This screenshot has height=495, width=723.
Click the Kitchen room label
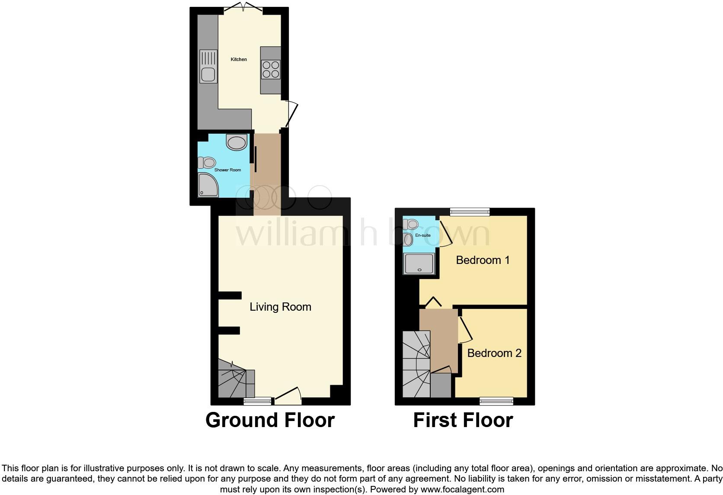[x=239, y=59]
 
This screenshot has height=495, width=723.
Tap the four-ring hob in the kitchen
[x=271, y=70]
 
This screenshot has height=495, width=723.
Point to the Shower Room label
[x=227, y=170]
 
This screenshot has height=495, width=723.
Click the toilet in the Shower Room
[x=207, y=163]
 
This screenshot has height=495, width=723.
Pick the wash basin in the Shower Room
[x=237, y=142]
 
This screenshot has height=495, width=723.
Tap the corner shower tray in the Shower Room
[x=208, y=185]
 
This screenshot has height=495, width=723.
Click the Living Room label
[x=280, y=307]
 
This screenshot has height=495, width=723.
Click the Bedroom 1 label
[x=483, y=260]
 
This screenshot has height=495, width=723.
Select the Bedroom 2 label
[x=494, y=353]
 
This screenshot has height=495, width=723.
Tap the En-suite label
[x=422, y=235]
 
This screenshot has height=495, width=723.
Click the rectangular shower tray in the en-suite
[x=419, y=264]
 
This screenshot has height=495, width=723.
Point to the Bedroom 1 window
[x=470, y=212]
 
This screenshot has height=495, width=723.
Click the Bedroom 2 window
[x=496, y=401]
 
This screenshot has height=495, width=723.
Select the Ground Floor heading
[x=270, y=420]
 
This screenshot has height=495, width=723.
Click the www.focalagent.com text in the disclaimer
[x=462, y=490]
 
